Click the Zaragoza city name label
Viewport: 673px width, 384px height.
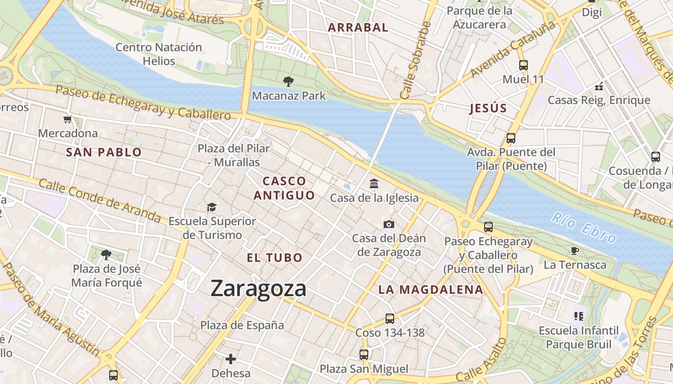point(258,288)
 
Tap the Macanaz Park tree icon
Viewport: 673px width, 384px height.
point(288,81)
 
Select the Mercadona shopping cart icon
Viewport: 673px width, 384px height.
point(68,119)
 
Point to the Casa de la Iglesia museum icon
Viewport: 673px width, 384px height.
point(374,183)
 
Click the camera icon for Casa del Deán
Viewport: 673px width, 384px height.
point(389,224)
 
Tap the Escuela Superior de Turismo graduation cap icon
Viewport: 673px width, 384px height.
point(212,207)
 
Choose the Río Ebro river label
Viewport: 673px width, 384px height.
point(584,228)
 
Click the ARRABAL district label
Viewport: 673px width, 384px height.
point(358,27)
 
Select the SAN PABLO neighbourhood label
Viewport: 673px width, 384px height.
point(104,153)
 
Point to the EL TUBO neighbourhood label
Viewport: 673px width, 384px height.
point(274,257)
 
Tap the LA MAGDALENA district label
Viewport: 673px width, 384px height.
point(430,289)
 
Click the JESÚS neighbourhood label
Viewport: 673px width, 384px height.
point(488,108)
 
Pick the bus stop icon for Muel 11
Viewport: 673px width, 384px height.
point(523,65)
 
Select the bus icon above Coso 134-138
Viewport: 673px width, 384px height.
point(390,318)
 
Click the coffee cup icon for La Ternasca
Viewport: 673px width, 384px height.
point(574,251)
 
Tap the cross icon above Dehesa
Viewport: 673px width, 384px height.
point(231,359)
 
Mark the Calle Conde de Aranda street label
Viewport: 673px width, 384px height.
point(100,200)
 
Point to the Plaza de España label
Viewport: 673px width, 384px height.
point(242,325)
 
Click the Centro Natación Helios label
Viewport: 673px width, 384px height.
point(159,54)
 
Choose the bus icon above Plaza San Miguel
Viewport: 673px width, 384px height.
point(364,355)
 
